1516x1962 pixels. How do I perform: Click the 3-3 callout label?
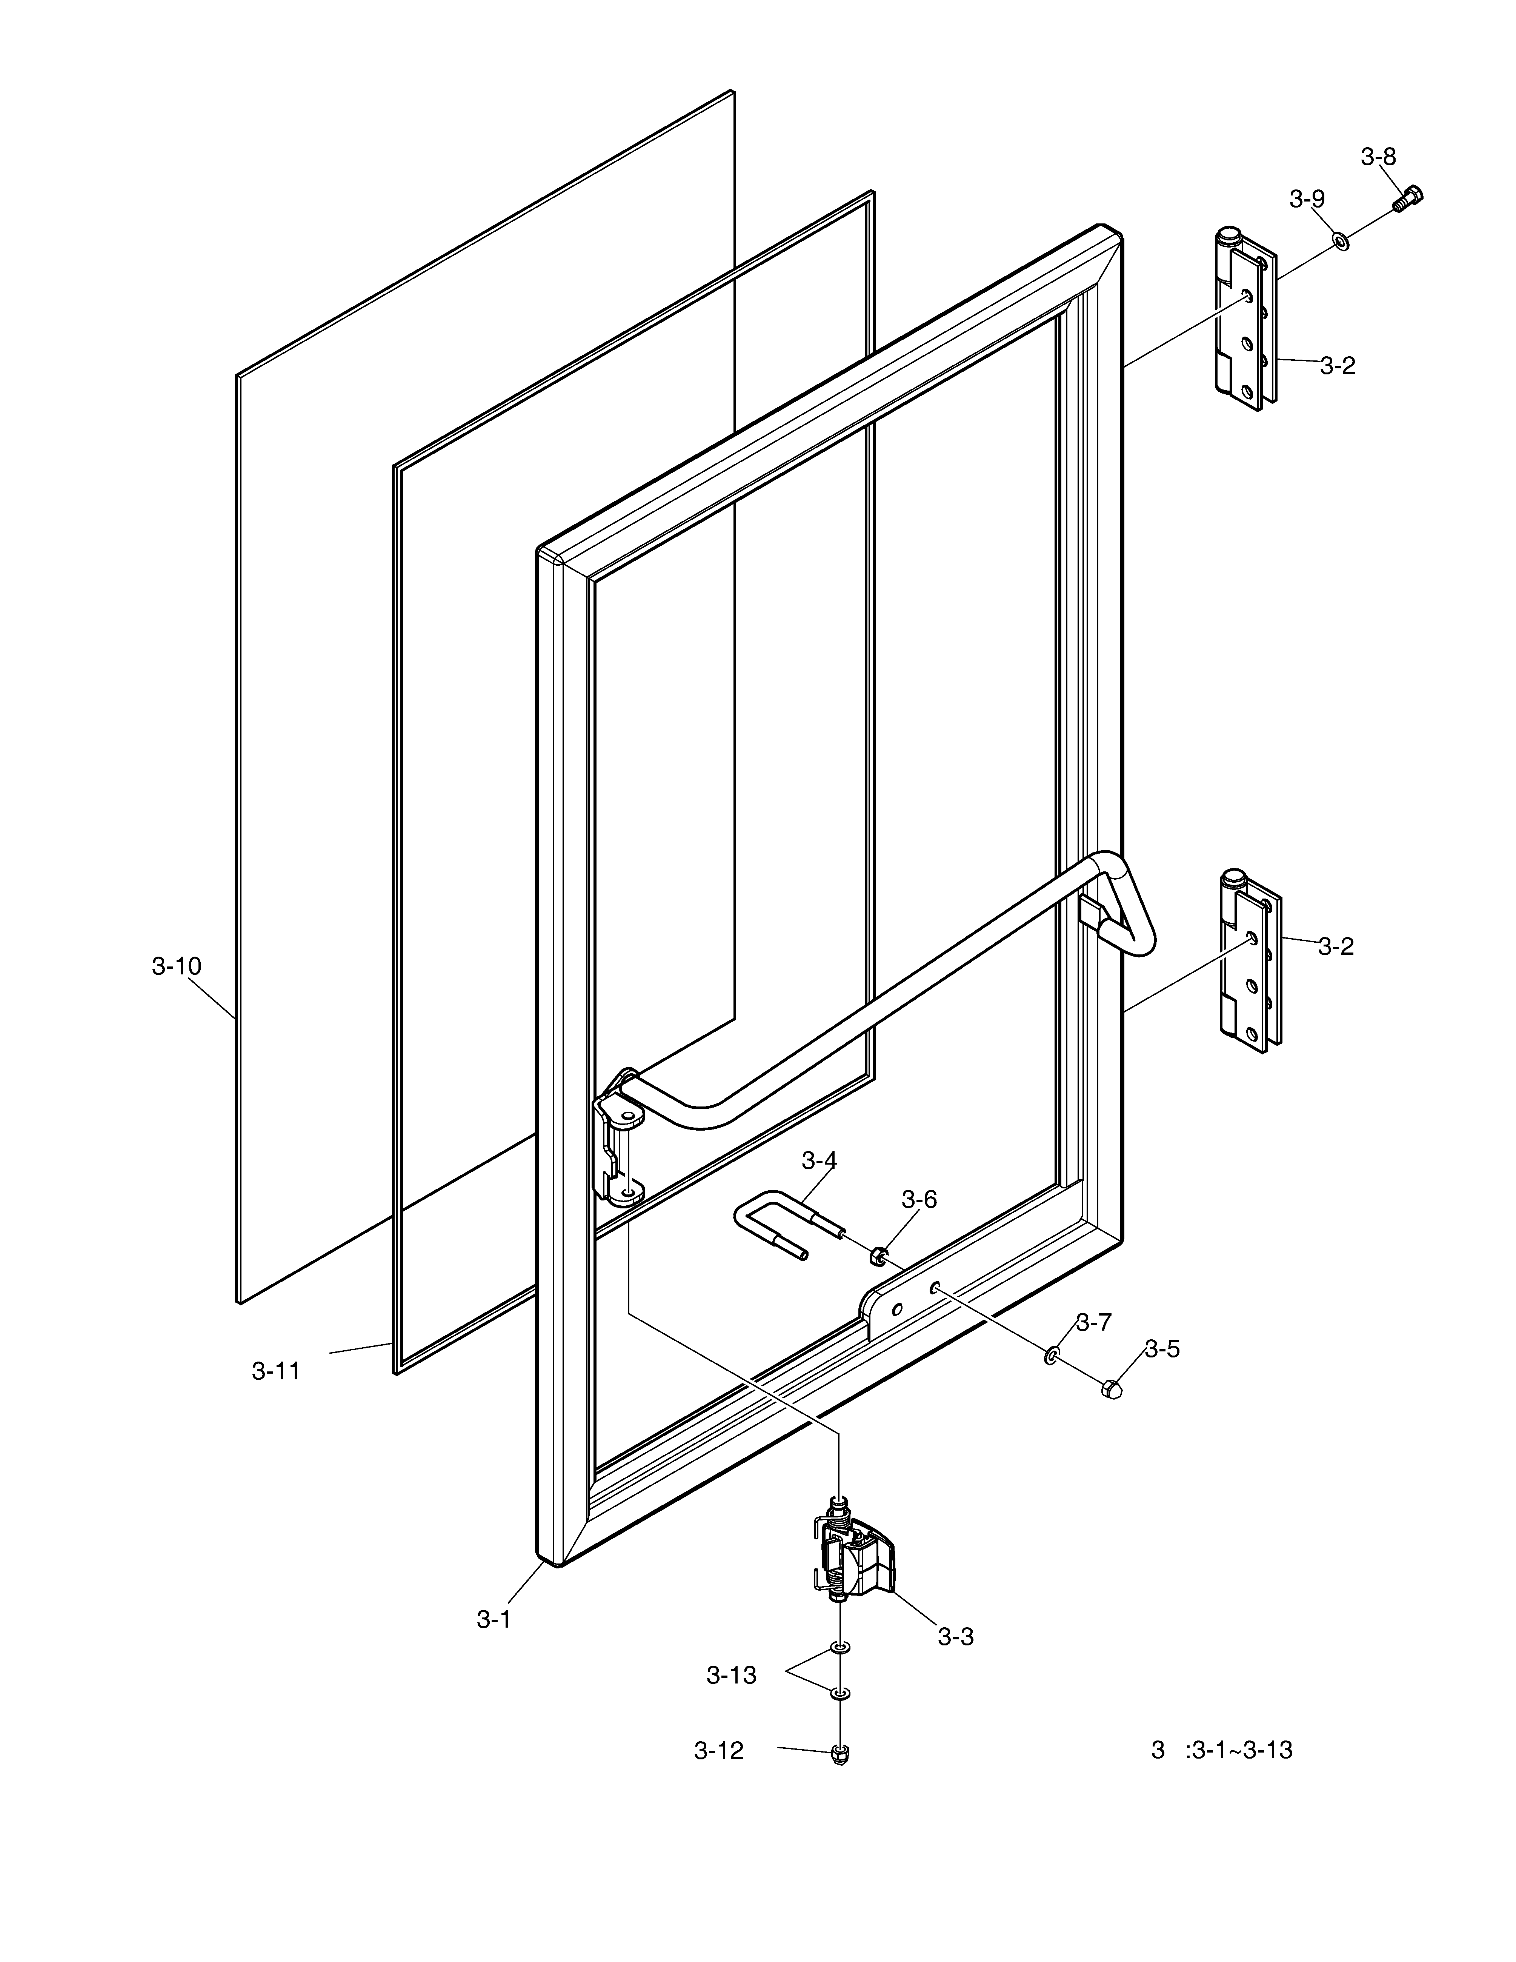click(956, 1637)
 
